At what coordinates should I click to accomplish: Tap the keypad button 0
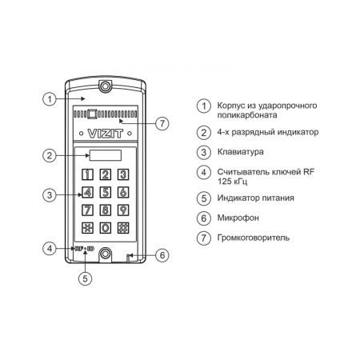(x=106, y=228)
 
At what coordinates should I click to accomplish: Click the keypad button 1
(x=87, y=174)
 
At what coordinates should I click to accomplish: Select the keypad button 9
(x=123, y=210)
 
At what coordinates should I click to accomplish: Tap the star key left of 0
(x=87, y=228)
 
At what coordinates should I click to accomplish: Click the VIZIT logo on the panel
(x=106, y=134)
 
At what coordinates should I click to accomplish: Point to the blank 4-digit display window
(x=106, y=155)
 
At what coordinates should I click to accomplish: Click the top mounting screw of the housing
(x=106, y=86)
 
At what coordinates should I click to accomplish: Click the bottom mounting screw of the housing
(x=106, y=253)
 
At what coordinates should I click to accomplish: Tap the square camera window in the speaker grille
(x=92, y=114)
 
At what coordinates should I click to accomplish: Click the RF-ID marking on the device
(x=85, y=249)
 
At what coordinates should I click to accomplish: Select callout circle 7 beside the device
(x=162, y=123)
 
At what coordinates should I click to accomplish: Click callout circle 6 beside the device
(x=162, y=255)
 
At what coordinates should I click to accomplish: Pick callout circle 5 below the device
(x=85, y=278)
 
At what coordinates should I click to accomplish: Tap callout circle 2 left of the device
(x=50, y=155)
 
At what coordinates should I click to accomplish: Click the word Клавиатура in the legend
(x=241, y=152)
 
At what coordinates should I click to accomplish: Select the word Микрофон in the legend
(x=238, y=218)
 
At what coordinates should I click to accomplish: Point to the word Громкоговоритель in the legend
(x=254, y=238)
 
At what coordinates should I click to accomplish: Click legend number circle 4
(x=204, y=172)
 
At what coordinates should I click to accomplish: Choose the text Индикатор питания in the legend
(x=255, y=198)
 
